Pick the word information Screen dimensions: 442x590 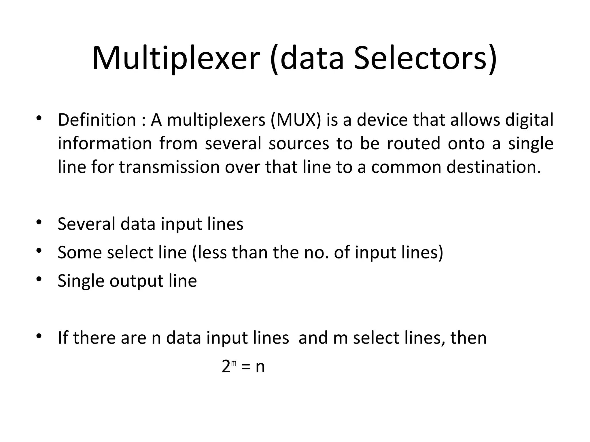point(105,143)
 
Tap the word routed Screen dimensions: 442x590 point(413,143)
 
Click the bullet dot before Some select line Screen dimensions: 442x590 point(39,251)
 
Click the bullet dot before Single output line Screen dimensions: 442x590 point(39,279)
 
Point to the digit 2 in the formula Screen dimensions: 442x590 point(226,367)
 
